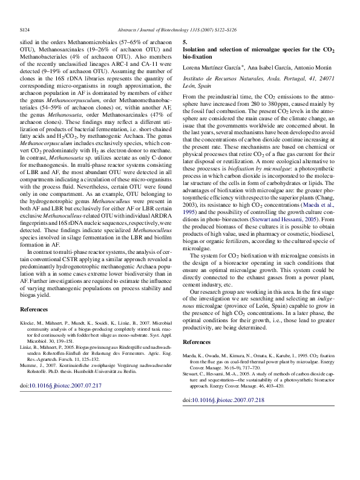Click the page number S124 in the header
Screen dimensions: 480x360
pos(25,28)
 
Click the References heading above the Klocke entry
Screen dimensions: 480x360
pos(34,310)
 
